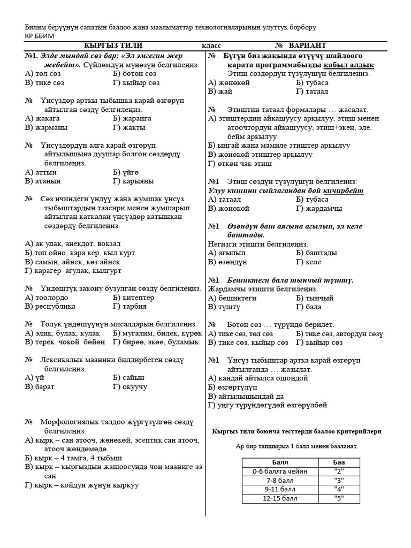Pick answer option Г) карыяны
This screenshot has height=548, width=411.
click(x=133, y=181)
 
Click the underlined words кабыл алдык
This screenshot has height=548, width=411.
click(x=349, y=65)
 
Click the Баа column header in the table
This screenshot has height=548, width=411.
click(x=339, y=462)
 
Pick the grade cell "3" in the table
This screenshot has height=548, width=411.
click(x=339, y=480)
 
